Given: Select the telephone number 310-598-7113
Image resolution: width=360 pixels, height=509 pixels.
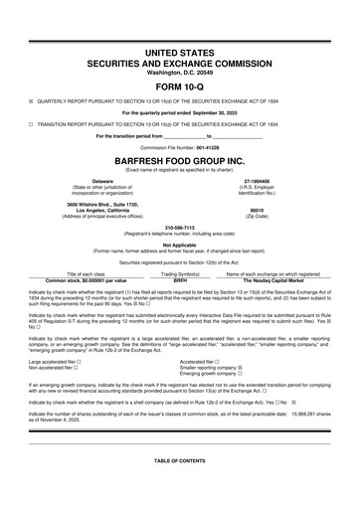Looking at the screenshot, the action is pos(179,225).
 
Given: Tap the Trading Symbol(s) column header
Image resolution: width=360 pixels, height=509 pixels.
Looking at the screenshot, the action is pos(181,272).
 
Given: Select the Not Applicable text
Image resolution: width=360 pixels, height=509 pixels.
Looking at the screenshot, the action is pos(179,244).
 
